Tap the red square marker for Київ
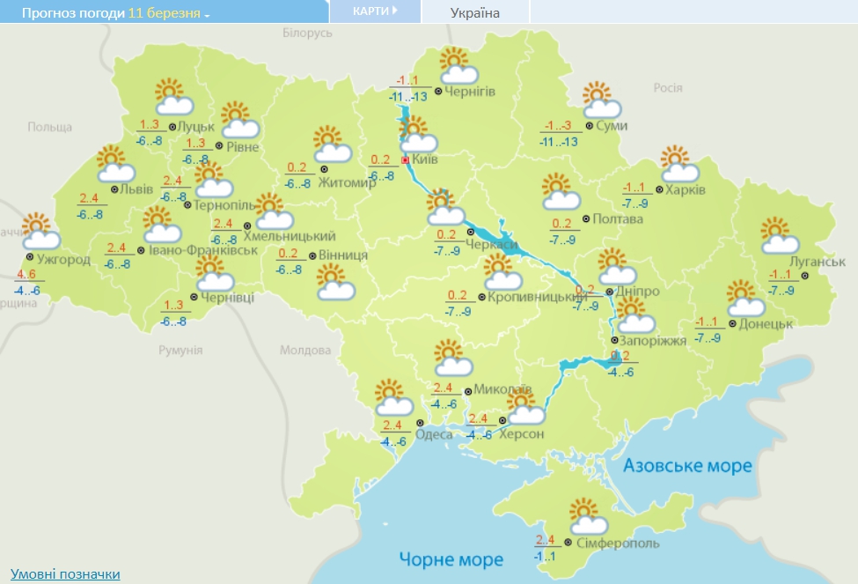pos(405,161)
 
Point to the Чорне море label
pos(451,559)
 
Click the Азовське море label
pos(688,465)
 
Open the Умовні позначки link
pos(65,574)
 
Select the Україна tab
pos(474,12)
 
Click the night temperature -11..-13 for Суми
pos(559,142)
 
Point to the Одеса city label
pos(434,434)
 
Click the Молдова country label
pos(304,350)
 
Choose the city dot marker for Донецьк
pos(732,323)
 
